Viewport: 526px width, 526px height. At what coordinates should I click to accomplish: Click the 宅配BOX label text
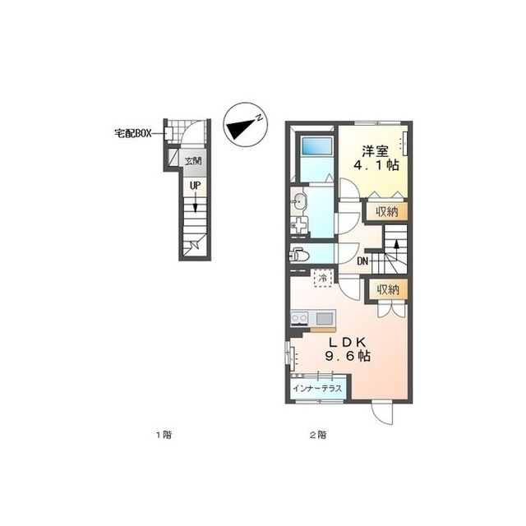133,133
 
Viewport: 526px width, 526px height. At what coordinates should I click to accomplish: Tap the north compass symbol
246,124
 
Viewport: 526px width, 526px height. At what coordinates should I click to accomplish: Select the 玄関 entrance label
193,161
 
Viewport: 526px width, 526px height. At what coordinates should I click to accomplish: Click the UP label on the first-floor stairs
195,186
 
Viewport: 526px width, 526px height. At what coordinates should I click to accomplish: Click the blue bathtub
316,146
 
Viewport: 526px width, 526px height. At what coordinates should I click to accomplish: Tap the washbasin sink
298,202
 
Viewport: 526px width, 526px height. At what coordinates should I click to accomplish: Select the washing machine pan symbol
299,225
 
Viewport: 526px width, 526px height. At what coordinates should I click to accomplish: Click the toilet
299,254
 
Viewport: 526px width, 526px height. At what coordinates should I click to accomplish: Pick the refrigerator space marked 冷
323,278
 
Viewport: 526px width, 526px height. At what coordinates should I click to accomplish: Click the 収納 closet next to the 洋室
387,212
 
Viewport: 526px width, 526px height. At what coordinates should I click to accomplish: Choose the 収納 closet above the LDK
389,289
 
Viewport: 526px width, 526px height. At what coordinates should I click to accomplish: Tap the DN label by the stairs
362,261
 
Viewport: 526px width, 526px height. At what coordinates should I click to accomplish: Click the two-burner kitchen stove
299,318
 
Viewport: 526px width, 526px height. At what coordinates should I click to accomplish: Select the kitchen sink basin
324,318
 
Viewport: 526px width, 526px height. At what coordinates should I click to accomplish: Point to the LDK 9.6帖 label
348,349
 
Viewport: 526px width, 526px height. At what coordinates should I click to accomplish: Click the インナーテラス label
317,389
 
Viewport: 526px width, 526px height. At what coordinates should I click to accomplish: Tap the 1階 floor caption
164,435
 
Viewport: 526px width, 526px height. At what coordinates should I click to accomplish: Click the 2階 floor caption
318,435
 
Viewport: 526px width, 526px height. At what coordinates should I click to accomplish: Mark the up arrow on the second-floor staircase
396,246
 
